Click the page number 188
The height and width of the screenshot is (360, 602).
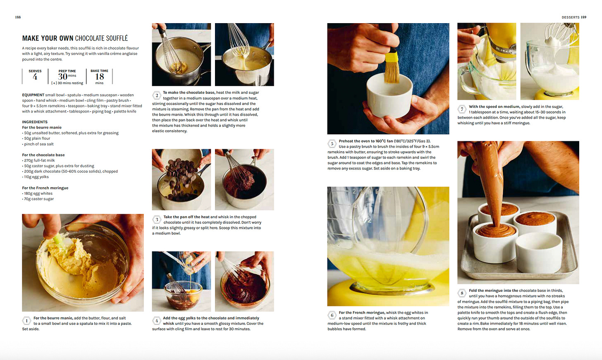pyautogui.click(x=18, y=17)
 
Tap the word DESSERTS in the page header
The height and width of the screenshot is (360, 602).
pyautogui.click(x=570, y=17)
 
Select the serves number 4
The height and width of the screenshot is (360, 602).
pyautogui.click(x=35, y=77)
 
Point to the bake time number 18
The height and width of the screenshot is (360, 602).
pyautogui.click(x=99, y=77)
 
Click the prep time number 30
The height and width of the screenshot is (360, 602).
pyautogui.click(x=62, y=77)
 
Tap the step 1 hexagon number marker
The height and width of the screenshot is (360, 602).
pyautogui.click(x=26, y=320)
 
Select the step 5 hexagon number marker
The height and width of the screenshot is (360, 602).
pyautogui.click(x=332, y=144)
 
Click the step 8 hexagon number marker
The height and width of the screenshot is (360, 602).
pyautogui.click(x=462, y=293)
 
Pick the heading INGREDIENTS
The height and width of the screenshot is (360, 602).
pyautogui.click(x=35, y=122)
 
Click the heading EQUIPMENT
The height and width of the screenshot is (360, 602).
pyautogui.click(x=33, y=95)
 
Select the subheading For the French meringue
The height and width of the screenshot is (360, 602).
pyautogui.click(x=45, y=188)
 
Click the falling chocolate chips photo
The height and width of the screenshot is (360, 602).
pyautogui.click(x=182, y=179)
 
